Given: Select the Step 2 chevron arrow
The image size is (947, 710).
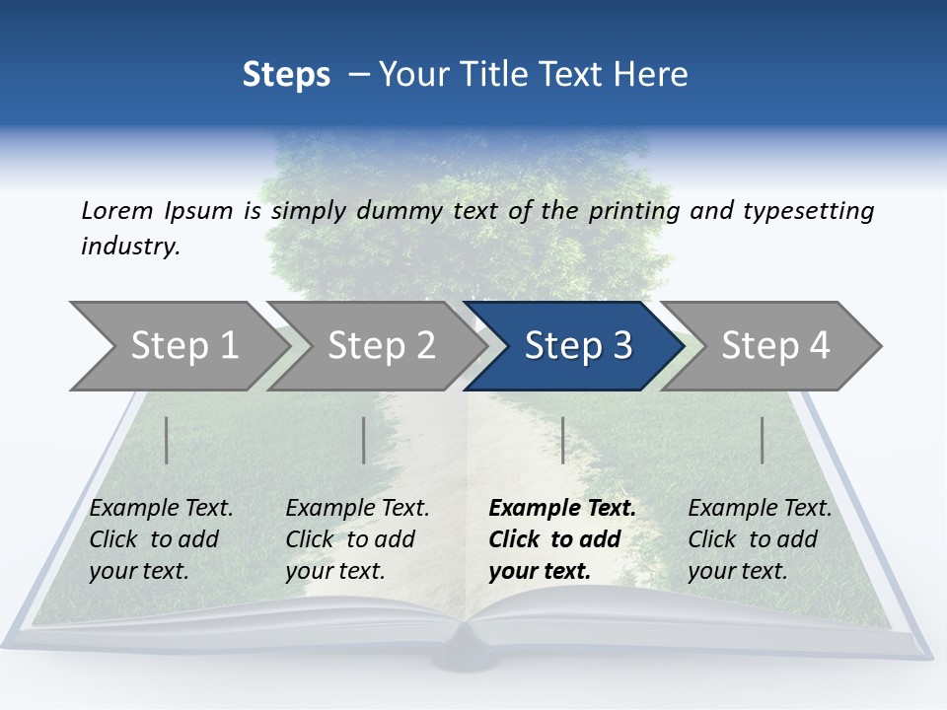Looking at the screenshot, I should pos(381,346).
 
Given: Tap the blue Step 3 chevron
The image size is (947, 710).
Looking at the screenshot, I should pos(578,346).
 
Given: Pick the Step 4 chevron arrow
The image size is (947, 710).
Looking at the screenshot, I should pos(775,346).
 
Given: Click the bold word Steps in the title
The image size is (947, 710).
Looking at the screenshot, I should pos(286,75).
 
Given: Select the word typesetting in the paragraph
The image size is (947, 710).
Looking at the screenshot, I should pos(808,211).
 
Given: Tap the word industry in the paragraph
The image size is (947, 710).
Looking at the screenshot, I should pos(129,247).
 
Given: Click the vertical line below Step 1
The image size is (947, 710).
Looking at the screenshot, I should pos(166,440).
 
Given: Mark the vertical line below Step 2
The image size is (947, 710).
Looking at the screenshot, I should pos(363,440).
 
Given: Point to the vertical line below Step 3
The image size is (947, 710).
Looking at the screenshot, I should pos(562,440).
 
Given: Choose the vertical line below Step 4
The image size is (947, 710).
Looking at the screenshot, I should pos(762,440).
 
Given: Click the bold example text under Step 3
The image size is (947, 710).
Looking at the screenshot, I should pos(561,539).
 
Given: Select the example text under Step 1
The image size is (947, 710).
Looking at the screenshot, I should pos(161,539).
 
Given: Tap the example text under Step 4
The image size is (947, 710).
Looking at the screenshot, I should pos(759,539).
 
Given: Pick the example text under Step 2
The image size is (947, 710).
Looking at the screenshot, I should pos(357,539).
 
